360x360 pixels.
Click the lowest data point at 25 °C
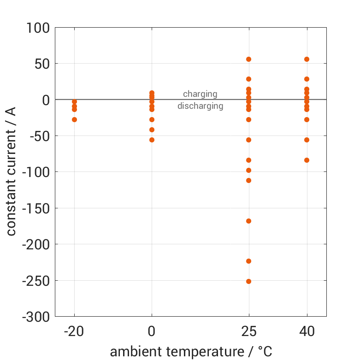[248, 281]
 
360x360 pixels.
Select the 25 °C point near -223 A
[248, 261]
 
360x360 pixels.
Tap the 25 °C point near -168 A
[248, 221]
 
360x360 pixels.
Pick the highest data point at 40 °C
[307, 59]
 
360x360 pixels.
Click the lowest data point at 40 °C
[307, 160]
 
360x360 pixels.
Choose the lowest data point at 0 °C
[152, 140]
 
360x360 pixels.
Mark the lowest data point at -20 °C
[74, 119]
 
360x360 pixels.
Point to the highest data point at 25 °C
[248, 59]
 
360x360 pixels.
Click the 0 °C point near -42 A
[152, 130]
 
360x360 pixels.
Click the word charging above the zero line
[200, 94]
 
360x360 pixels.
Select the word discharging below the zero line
[200, 106]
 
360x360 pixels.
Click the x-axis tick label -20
[74, 331]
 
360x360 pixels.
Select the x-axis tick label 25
[248, 331]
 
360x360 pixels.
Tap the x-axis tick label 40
[307, 331]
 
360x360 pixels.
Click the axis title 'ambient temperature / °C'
[191, 351]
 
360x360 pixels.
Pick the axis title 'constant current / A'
[11, 172]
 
